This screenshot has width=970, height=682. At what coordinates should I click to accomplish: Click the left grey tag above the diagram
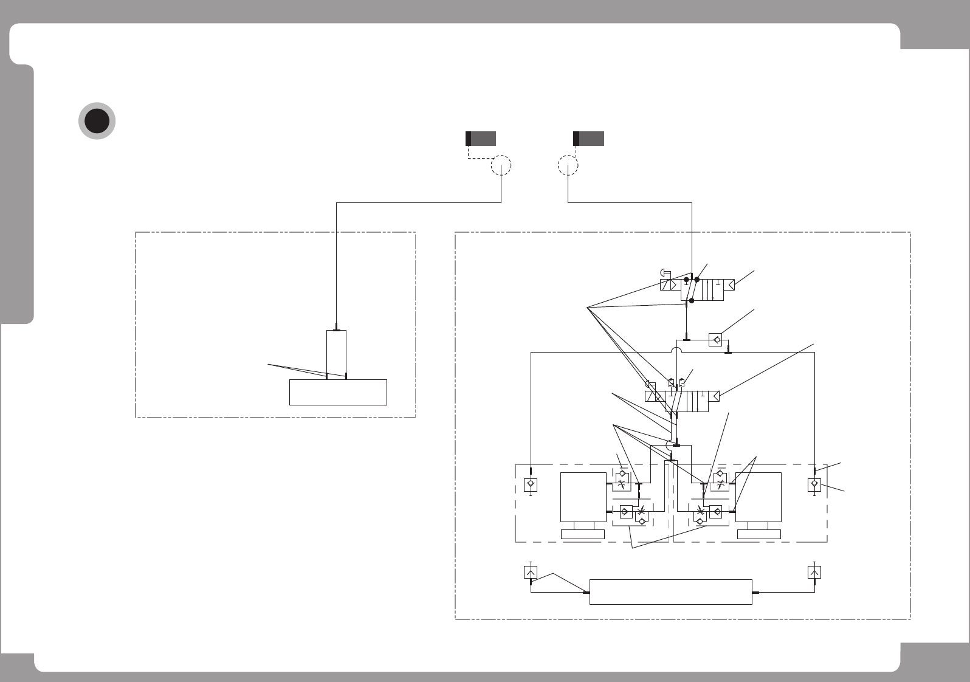click(x=481, y=138)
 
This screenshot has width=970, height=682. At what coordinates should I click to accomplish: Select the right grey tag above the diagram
click(x=589, y=138)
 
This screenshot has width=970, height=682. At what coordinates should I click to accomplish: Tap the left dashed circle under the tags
click(x=501, y=165)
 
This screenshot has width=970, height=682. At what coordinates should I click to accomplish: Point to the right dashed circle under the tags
click(x=568, y=165)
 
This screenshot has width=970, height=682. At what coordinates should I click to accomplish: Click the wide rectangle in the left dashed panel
click(x=338, y=392)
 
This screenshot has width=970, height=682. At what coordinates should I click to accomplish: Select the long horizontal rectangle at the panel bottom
click(x=671, y=591)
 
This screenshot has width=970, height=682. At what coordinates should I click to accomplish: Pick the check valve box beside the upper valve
click(x=716, y=340)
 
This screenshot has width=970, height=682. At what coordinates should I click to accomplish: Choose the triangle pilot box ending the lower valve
click(x=715, y=397)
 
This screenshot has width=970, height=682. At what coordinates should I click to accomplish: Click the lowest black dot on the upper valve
click(x=692, y=300)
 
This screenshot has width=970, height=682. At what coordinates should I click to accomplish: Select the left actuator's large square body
click(x=583, y=496)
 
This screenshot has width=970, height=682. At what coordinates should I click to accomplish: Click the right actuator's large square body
click(x=758, y=496)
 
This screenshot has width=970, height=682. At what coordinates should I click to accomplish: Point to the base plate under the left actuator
click(x=583, y=534)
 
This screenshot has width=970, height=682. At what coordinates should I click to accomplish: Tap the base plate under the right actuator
click(x=758, y=534)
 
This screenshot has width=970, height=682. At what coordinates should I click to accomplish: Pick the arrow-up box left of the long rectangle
click(x=531, y=572)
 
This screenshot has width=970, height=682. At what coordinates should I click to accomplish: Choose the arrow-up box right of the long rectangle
click(x=814, y=572)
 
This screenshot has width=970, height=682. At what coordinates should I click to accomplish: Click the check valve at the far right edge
click(x=814, y=484)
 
